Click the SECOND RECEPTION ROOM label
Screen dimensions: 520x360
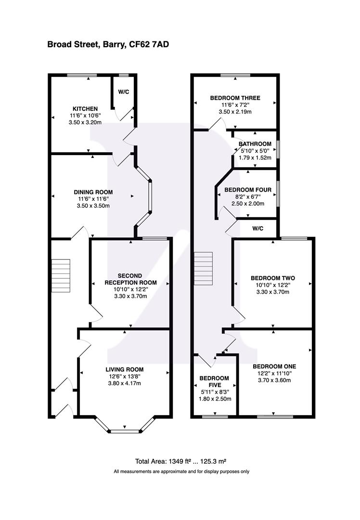pos(130,279)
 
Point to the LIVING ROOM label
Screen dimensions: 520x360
pos(125,369)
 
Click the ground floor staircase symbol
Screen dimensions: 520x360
pos(61,275)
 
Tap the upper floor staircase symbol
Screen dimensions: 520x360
pos(203,269)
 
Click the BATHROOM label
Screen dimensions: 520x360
pos(255,143)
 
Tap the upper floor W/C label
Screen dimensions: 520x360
pos(257,228)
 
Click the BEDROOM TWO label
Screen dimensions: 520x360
pos(272,278)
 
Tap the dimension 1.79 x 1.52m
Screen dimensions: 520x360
pos(255,157)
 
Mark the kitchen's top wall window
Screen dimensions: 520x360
pos(81,75)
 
